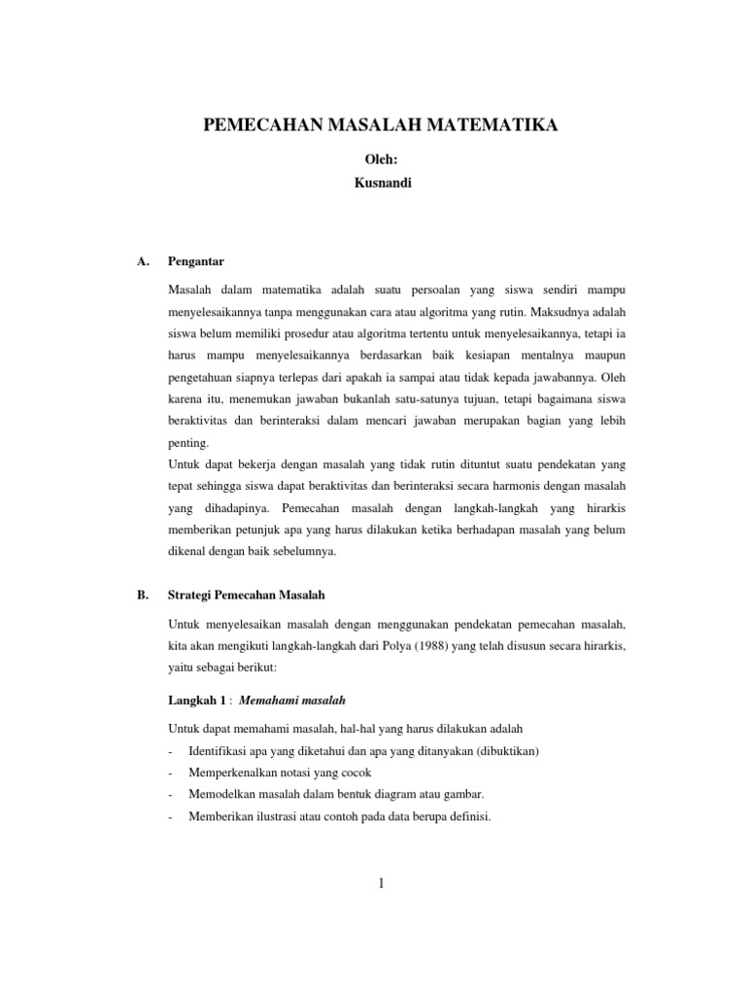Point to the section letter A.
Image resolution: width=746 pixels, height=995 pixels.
[144, 261]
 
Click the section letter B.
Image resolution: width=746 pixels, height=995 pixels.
[144, 597]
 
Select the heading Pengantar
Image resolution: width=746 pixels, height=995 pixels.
[197, 261]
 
